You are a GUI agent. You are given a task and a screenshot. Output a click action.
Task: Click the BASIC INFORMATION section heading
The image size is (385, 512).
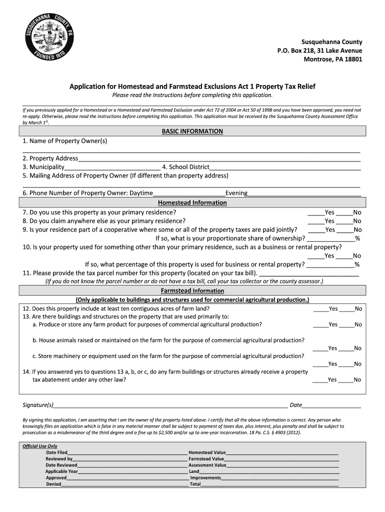click(x=192, y=131)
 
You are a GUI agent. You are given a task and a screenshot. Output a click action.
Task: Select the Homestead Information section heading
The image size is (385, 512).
click(x=192, y=202)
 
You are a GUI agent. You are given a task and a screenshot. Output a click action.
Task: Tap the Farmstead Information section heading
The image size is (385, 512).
click(x=192, y=290)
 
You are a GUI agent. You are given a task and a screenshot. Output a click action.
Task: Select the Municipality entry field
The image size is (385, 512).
click(x=112, y=168)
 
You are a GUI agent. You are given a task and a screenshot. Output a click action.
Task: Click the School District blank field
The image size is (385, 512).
click(x=285, y=168)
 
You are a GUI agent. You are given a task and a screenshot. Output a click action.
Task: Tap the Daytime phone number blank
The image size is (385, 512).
click(x=189, y=194)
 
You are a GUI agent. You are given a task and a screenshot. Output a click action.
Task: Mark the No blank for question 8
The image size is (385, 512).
click(x=344, y=221)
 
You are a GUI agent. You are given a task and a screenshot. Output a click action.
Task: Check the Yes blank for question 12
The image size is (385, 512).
click(x=320, y=309)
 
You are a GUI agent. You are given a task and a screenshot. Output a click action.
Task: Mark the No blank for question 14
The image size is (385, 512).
click(x=346, y=380)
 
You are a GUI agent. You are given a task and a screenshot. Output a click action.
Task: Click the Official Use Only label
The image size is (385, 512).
click(x=40, y=446)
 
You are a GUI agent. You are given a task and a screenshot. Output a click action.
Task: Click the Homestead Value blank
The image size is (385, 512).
click(x=282, y=452)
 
